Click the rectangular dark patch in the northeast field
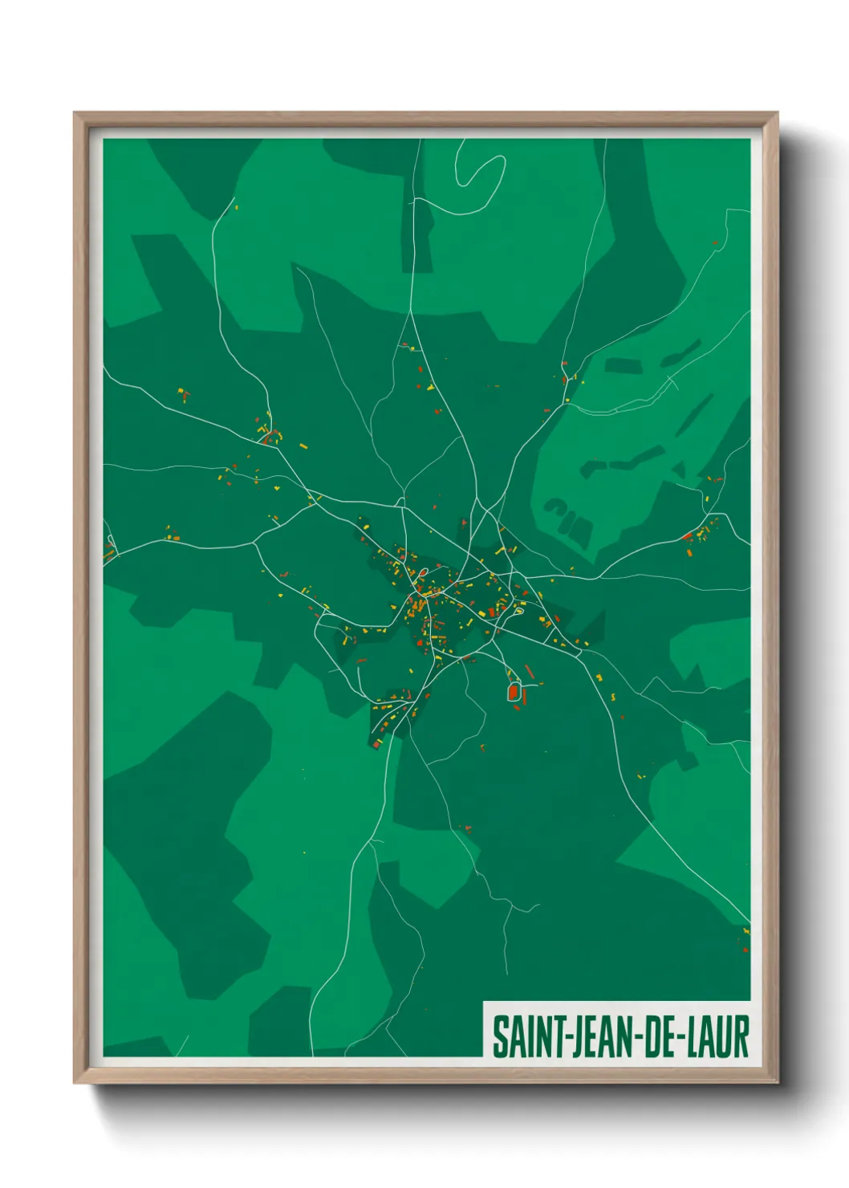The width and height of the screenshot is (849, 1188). [x=623, y=366]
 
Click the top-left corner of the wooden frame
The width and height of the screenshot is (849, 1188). [x=75, y=114]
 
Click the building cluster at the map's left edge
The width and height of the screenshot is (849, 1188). [x=108, y=551]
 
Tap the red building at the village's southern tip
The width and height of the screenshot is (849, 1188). [x=376, y=745]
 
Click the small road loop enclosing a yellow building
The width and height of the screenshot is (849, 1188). [x=518, y=612]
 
